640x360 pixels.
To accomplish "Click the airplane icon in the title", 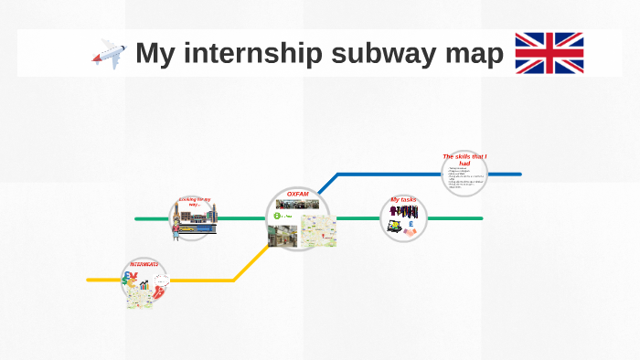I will (x=109, y=53).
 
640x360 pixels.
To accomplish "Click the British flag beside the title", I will (x=549, y=53).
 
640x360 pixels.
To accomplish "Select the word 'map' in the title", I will (x=475, y=54).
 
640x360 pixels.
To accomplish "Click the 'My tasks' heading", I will (x=403, y=199).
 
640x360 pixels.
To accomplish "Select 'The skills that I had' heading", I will (x=464, y=158).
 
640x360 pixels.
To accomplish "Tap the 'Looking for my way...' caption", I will (x=194, y=201).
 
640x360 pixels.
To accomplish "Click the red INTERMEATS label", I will (x=144, y=264).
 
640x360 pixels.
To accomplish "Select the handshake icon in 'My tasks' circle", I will (x=410, y=232).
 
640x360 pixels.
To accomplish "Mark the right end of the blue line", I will (x=520, y=174).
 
